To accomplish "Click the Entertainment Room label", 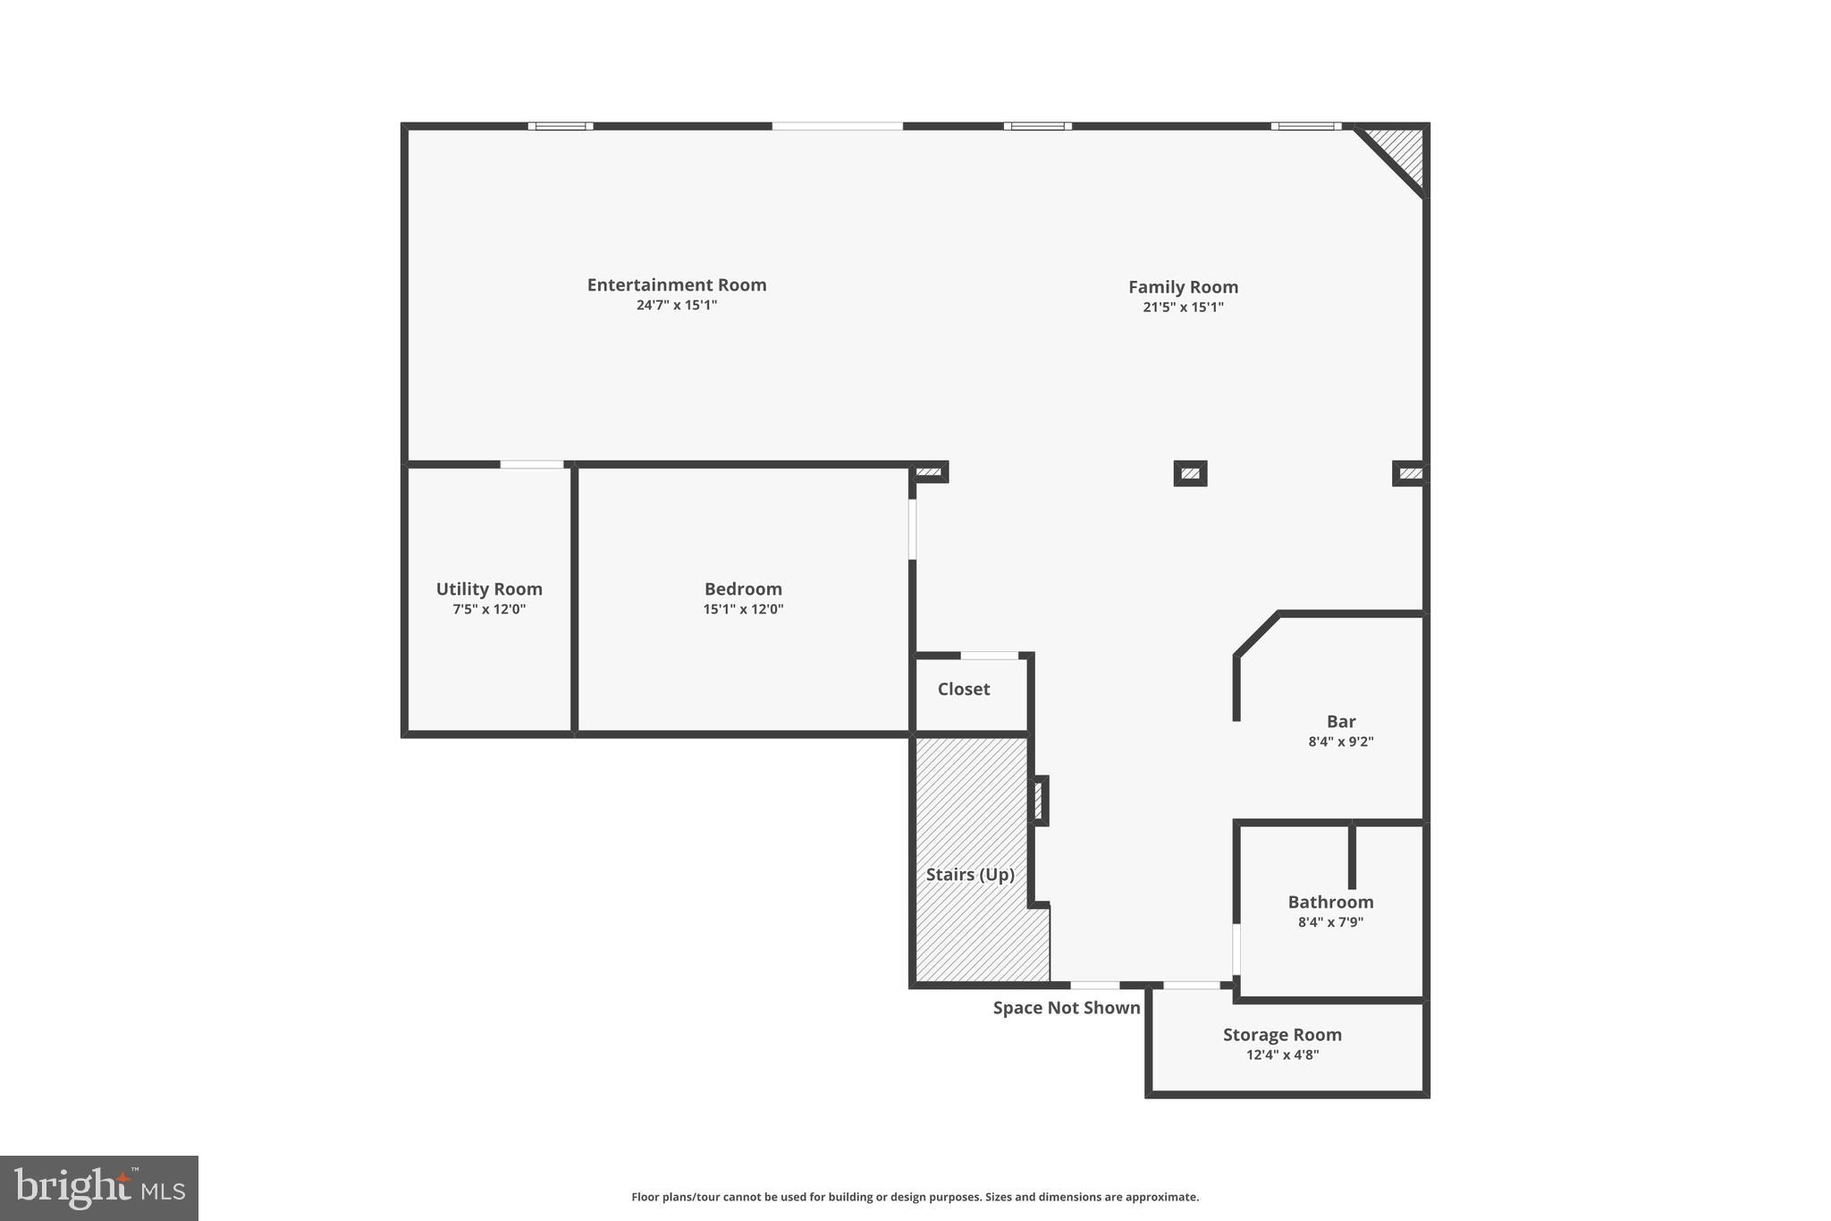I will [x=676, y=284].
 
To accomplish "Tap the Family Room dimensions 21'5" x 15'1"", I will [x=1183, y=307].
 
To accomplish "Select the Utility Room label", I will [x=489, y=589].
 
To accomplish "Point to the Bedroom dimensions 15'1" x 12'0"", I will [x=743, y=609].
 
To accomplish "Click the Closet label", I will [x=963, y=689].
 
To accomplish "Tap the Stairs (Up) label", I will [x=969, y=874].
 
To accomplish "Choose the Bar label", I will [x=1340, y=721].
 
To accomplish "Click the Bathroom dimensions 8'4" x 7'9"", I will [x=1330, y=922].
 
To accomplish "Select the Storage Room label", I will [x=1282, y=1034].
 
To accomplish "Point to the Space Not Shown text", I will [x=1066, y=1008].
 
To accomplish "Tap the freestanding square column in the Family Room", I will [x=1190, y=473].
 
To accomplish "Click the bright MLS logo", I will [x=98, y=1188].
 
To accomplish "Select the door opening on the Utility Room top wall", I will [x=532, y=464].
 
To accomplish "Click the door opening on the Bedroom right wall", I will [x=912, y=529].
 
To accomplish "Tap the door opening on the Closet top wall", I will [x=989, y=656].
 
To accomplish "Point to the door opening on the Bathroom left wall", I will [x=1236, y=949].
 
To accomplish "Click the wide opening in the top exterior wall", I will [x=837, y=126].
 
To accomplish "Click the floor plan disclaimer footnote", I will [x=915, y=1197].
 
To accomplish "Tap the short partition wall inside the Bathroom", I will [x=1352, y=855].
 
